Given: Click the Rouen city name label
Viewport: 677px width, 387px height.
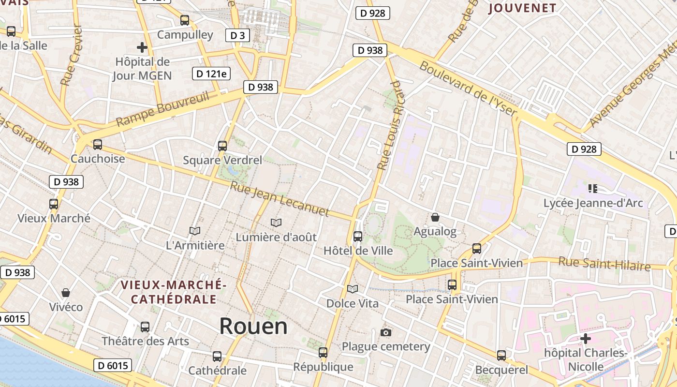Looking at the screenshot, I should pos(253,327).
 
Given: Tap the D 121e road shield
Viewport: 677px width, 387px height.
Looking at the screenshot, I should pos(211,74).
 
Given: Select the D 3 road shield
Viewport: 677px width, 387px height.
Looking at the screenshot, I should pos(237,35).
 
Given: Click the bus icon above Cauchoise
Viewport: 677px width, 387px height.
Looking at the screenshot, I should pos(98,144).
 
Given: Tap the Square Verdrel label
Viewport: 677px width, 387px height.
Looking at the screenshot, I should pos(222,160).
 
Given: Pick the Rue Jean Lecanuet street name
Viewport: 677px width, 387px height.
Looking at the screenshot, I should pos(280,199).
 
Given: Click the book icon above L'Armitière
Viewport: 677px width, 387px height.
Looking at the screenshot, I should pos(195,231).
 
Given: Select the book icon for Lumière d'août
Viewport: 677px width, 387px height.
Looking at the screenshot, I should pos(276,223).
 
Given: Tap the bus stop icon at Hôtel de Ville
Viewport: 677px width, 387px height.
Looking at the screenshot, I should pos(358,237).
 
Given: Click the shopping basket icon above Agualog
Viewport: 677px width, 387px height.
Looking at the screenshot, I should pos(435,217).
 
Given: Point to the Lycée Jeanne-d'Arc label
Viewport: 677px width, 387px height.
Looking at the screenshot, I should pos(593,203).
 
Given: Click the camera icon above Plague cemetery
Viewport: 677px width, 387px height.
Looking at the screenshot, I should pos(386,332).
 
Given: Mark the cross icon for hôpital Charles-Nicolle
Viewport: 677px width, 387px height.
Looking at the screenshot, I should pos(586,338).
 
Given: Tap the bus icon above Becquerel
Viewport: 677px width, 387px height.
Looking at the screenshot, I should pos(501,356).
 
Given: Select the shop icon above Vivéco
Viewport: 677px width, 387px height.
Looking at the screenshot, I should pos(66,293).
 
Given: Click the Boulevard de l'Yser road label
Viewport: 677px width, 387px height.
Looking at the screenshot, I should pos(468,89).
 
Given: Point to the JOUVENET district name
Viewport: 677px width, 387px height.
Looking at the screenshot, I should pos(522,8).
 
